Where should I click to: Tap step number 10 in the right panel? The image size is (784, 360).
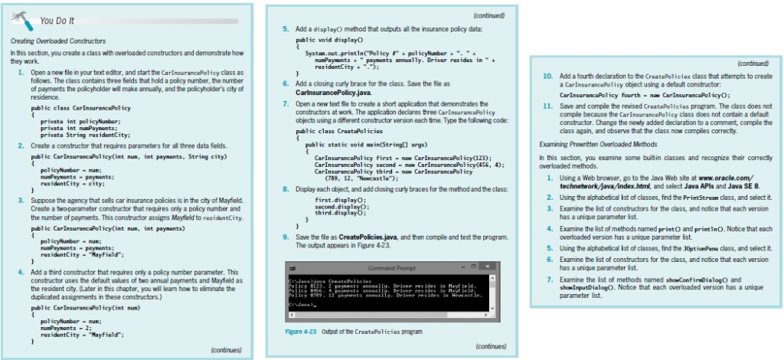[547, 77]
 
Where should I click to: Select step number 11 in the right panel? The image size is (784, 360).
[547, 104]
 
